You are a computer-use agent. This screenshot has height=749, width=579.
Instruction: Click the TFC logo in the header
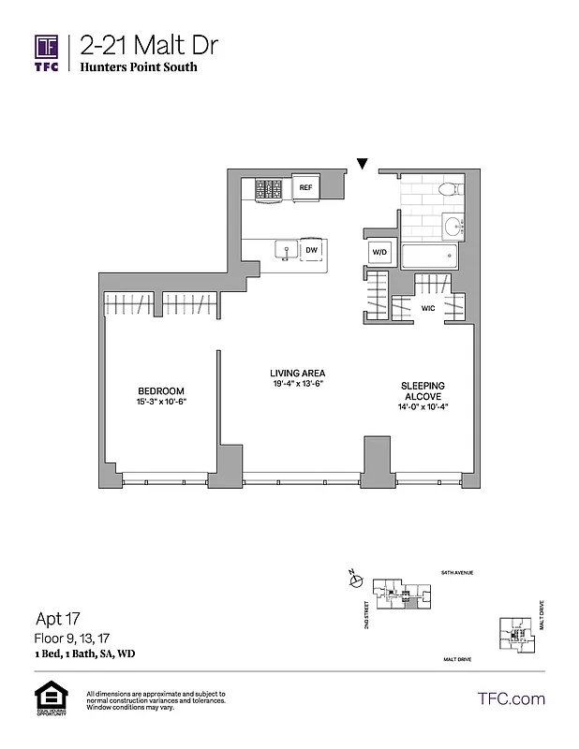coord(47,52)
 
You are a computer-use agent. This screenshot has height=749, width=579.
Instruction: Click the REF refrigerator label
coord(305,188)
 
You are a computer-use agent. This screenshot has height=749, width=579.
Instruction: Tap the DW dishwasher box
coord(311,250)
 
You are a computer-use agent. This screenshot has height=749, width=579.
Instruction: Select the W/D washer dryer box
coord(380,251)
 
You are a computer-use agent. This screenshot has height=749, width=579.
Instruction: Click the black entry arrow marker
coord(363,166)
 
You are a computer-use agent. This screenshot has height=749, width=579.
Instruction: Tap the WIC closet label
coord(428,307)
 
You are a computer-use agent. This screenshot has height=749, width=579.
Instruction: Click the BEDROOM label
coord(161,390)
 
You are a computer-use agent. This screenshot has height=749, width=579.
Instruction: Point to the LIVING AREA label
coord(291,373)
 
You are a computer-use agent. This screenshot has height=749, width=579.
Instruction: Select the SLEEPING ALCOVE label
coord(423,390)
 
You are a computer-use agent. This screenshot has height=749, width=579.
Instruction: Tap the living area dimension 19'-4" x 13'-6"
coord(291,384)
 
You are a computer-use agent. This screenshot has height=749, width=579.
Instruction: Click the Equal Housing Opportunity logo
coord(48,700)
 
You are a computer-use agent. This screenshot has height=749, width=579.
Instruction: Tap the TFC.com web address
coord(512,698)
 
